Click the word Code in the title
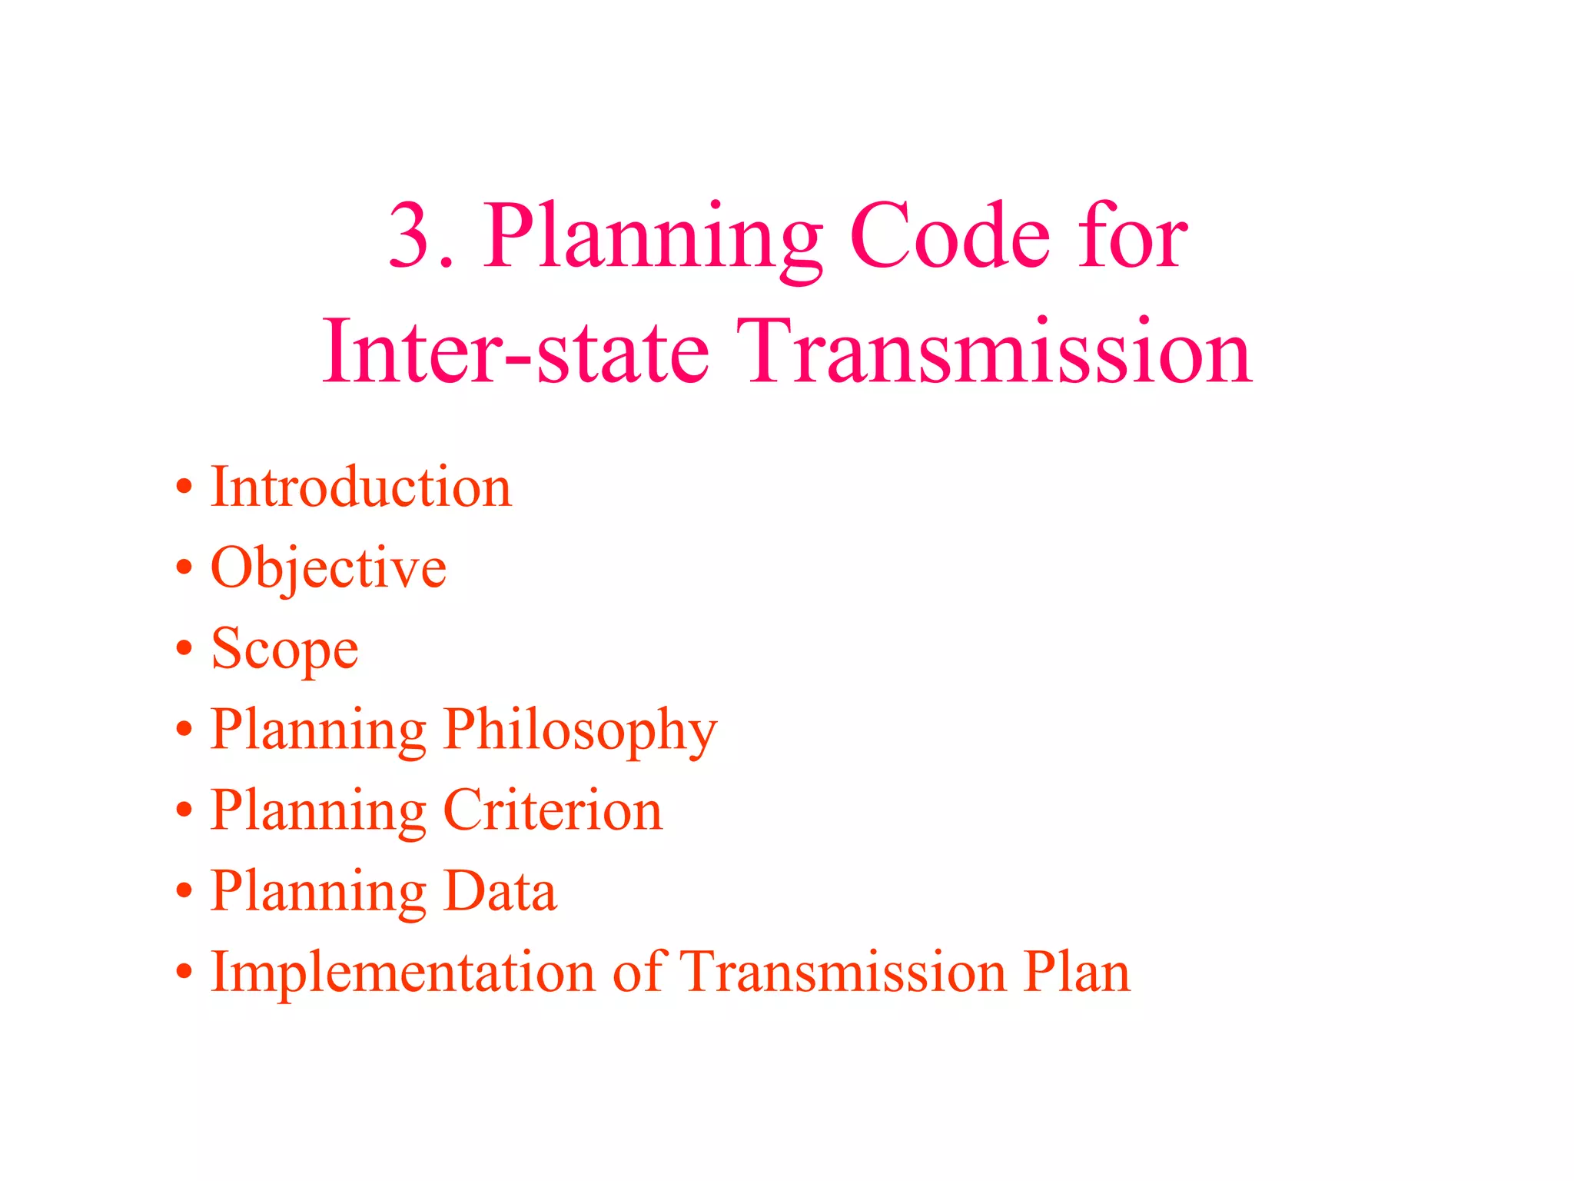coord(950,236)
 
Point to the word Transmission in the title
coord(993,351)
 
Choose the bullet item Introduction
coord(360,487)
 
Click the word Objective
coord(328,569)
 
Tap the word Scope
coord(284,650)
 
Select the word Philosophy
coord(580,730)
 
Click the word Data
coord(500,891)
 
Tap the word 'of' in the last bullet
coord(638,972)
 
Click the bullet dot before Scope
coord(184,648)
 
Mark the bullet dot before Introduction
coord(184,487)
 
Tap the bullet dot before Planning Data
coord(184,890)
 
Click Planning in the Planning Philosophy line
coord(318,730)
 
